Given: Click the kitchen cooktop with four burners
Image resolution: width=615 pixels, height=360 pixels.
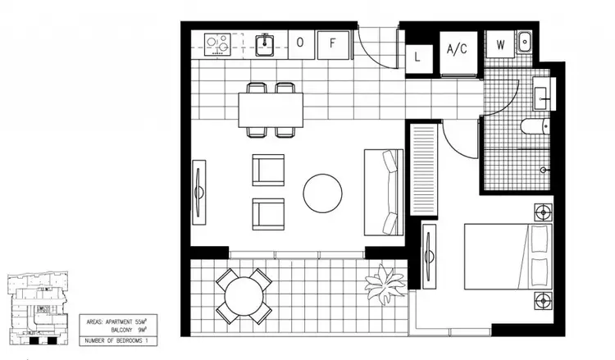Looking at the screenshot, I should (217, 41).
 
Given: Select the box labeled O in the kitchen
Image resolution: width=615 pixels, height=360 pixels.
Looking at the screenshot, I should (300, 43).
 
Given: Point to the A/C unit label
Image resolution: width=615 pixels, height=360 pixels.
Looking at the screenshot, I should (457, 49).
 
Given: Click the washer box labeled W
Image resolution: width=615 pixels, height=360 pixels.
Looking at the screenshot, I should (499, 46).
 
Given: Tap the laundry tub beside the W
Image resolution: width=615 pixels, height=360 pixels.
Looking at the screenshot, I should (525, 42).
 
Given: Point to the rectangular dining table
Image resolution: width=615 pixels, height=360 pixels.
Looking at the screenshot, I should (271, 110).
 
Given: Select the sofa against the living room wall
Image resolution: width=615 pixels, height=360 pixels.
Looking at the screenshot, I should (384, 190).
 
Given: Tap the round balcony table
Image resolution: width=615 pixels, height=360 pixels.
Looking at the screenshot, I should (244, 295).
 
